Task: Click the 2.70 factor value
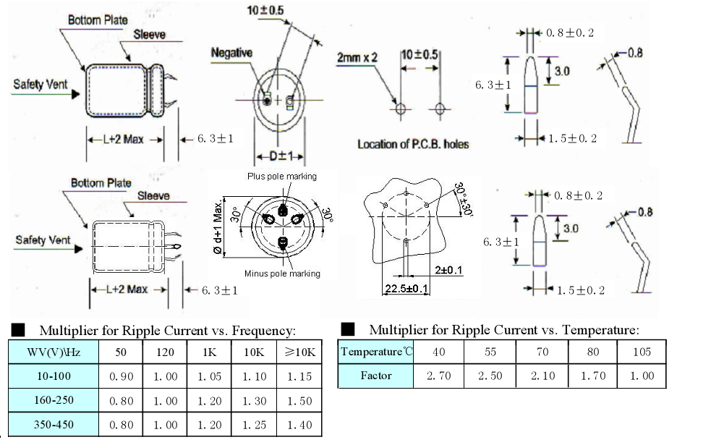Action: point(440,376)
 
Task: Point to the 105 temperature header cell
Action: point(642,352)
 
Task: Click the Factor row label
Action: point(376,376)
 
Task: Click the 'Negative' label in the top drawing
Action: point(231,53)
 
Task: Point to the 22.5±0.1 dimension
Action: point(406,289)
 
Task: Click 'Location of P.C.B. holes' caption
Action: point(413,144)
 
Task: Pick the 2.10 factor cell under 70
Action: point(542,376)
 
